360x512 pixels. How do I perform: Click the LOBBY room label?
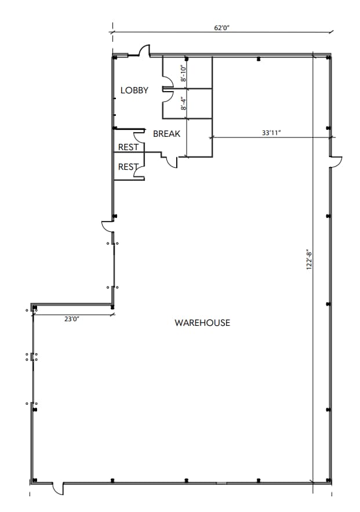(x=134, y=90)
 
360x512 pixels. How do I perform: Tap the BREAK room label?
(x=166, y=134)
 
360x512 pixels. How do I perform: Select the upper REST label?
(x=128, y=147)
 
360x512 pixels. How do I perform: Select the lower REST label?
(x=128, y=167)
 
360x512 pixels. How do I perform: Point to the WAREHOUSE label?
(x=202, y=323)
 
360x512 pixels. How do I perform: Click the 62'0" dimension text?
(x=222, y=27)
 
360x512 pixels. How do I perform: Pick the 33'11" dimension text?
(x=271, y=133)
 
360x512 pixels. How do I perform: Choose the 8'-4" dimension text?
(x=183, y=104)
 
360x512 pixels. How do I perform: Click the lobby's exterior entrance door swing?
(x=144, y=50)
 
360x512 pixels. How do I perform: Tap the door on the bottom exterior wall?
(x=57, y=488)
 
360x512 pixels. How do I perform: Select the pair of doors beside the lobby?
(x=167, y=89)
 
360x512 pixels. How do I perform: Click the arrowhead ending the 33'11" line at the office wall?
(x=212, y=137)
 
